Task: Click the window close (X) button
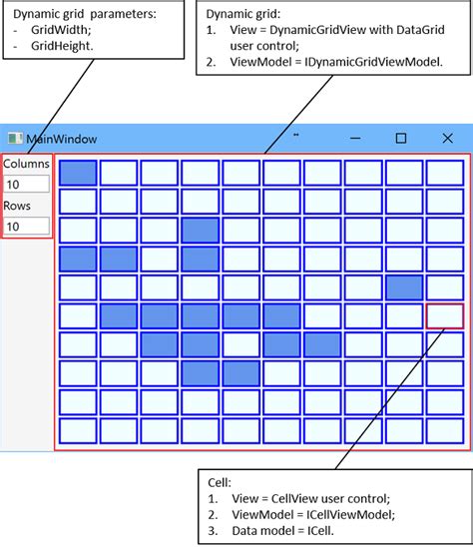447,138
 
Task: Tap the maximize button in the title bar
401,138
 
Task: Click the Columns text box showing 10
26,184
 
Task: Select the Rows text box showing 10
26,227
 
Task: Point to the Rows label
17,206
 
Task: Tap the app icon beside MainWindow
14,139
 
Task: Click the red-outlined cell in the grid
444,317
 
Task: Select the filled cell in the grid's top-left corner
78,173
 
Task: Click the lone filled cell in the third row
201,231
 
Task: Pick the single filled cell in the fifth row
403,288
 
